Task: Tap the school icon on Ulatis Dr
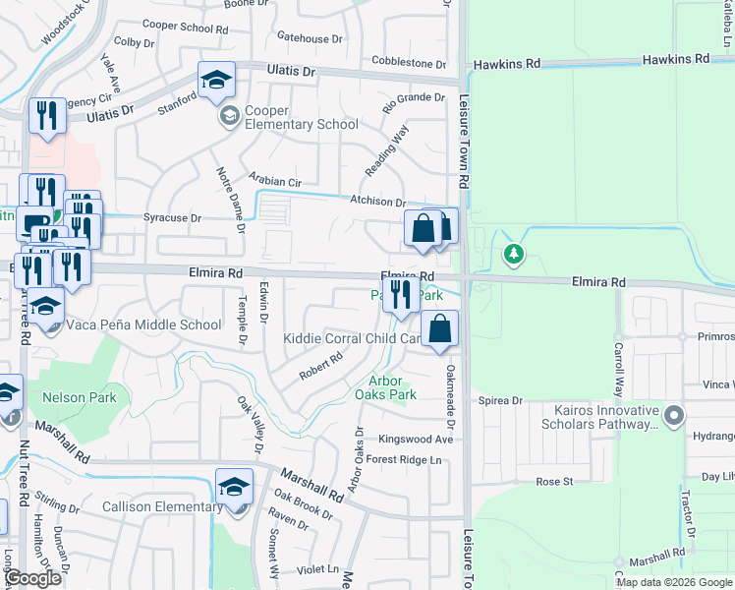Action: pos(217,82)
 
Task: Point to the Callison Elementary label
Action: pos(163,506)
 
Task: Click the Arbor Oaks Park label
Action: pos(393,387)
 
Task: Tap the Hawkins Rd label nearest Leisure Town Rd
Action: pos(506,64)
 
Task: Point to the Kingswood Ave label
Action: pos(418,440)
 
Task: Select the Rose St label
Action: pos(554,482)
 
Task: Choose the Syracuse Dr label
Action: pos(172,217)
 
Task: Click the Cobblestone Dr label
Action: pos(409,63)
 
